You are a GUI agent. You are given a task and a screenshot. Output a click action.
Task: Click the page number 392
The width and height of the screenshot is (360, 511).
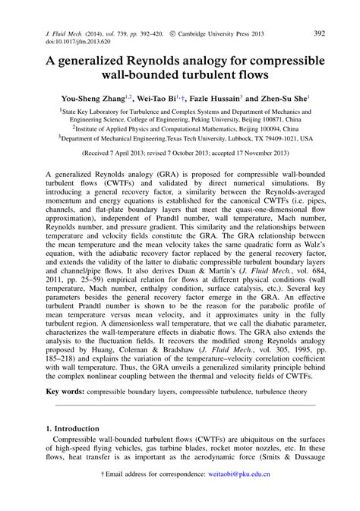pos(320,33)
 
